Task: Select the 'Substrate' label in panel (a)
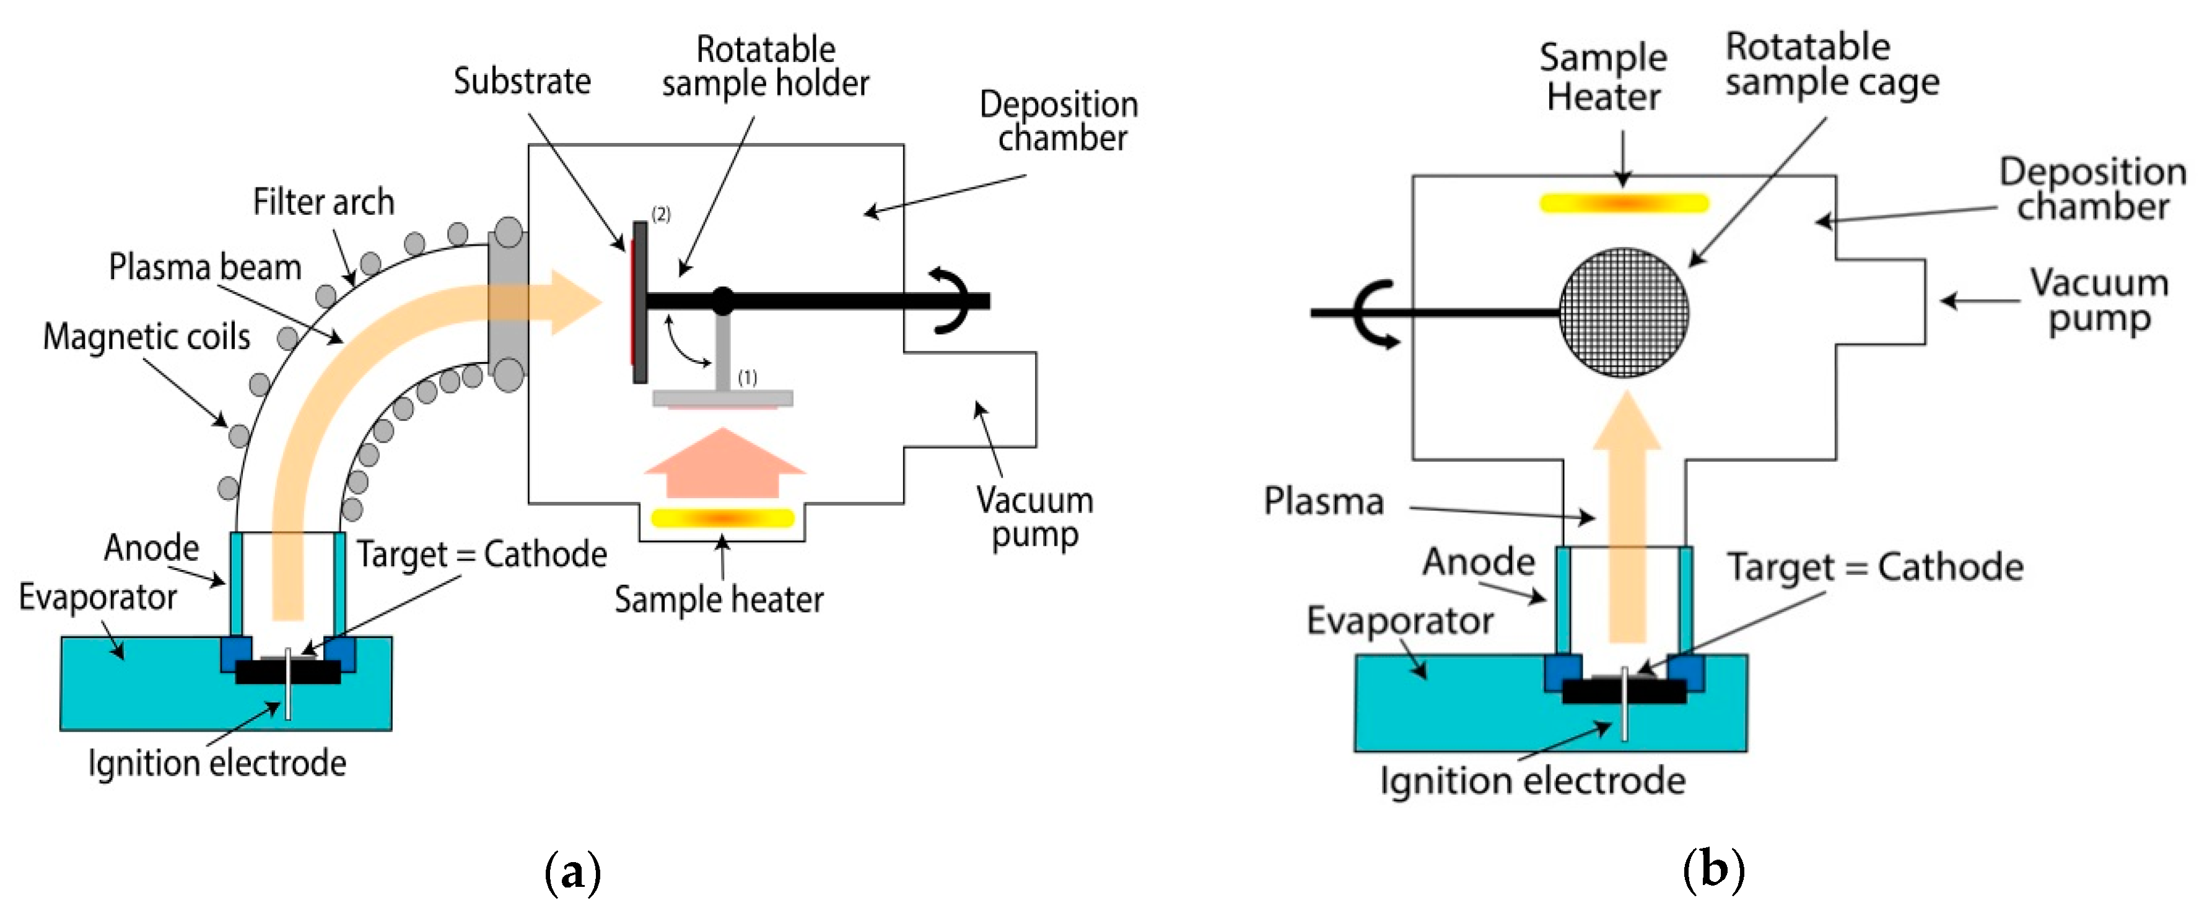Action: [x=522, y=82]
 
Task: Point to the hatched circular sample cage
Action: [x=1623, y=313]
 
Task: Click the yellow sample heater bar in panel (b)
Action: [x=1623, y=203]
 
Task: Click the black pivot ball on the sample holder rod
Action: [x=722, y=300]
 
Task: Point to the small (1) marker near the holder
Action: [x=747, y=377]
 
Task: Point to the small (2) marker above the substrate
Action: [x=661, y=214]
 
